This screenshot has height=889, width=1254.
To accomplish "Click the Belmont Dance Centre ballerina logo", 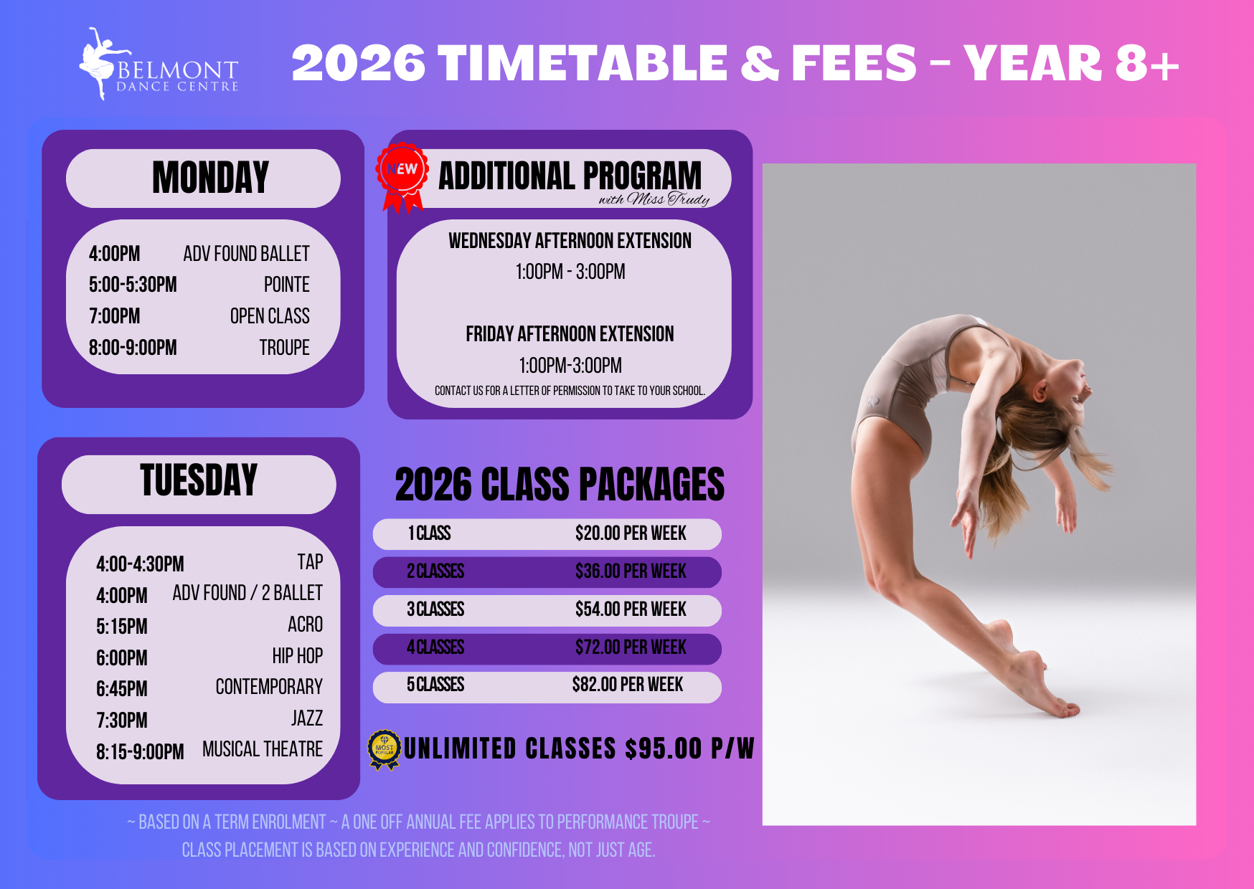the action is [158, 65].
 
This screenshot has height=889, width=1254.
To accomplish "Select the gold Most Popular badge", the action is [385, 750].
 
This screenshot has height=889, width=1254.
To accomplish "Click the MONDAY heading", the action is [210, 178].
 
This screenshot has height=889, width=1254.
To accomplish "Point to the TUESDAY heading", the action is [199, 480].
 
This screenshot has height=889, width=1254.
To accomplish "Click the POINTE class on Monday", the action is [287, 285].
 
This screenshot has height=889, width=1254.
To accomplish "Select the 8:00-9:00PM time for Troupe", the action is [133, 348].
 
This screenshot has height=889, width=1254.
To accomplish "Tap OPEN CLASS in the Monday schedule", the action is [270, 316].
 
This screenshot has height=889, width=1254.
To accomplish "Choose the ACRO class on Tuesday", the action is [305, 624].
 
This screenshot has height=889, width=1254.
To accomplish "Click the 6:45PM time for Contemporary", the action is [122, 689].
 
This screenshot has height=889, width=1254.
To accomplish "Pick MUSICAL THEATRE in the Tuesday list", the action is [263, 749].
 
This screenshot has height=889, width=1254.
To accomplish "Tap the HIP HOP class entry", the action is [298, 656].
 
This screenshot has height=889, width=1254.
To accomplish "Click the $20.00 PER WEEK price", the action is [631, 533].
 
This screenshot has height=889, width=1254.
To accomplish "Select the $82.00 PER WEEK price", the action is [628, 685].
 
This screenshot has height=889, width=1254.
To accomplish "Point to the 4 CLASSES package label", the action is [435, 647].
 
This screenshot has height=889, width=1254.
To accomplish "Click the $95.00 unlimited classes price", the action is [664, 749].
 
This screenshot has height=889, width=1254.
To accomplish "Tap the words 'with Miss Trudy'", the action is [654, 199].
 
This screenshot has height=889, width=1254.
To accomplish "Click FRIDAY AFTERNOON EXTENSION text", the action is [570, 334].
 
